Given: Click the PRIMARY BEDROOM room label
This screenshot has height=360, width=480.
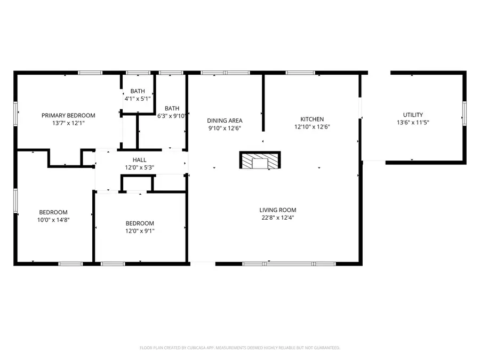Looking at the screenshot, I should pos(68,115).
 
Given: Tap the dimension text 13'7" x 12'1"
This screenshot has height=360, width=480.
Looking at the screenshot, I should pos(68,123).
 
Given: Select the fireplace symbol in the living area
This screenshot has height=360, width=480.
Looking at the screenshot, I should pos(260,161).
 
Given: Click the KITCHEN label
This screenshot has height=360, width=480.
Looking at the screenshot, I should pos(312,119).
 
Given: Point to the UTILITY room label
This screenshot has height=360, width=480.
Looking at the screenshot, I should pos(413,115).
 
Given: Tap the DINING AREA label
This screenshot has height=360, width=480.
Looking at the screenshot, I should pos(225,121).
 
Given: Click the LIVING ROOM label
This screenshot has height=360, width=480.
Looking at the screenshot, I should pos(278,210).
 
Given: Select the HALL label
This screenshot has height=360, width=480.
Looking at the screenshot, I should pos(139,160).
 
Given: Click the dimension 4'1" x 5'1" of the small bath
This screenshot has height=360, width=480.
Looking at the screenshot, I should pos(138,99).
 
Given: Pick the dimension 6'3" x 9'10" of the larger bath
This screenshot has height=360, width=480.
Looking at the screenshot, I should pos(172,116).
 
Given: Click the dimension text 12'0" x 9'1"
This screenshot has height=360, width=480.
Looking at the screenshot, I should pos(140,231).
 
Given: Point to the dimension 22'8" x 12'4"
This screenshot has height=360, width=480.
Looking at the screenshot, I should pos(278,218).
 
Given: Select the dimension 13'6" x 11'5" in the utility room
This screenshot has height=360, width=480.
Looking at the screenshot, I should pos(413,122).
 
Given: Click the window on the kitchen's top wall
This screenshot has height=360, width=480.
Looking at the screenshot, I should pos(301,73).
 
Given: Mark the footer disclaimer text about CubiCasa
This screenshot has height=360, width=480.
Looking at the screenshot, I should pos(239,348).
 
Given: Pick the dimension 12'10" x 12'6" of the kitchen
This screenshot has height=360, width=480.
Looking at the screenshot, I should pos(312,127).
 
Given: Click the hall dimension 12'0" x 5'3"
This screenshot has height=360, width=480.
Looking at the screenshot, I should pos(139,167).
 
